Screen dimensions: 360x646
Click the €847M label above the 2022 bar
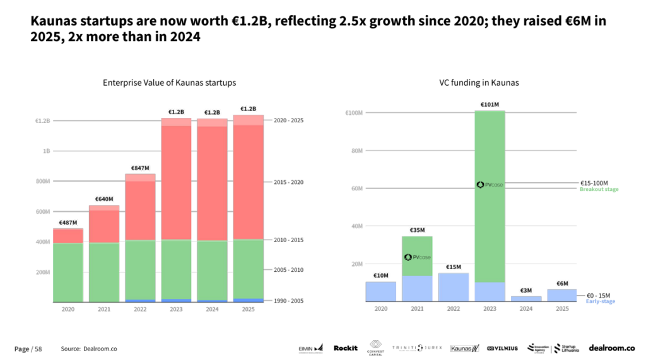pyautogui.click(x=139, y=168)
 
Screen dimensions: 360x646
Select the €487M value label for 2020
pyautogui.click(x=68, y=223)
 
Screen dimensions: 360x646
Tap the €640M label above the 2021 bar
pyautogui.click(x=103, y=199)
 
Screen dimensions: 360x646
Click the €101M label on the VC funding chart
pyautogui.click(x=490, y=105)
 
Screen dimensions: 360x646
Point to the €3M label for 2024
pyautogui.click(x=526, y=291)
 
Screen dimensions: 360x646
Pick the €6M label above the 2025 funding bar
pyautogui.click(x=562, y=284)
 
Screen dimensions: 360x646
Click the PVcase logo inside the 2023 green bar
pyautogui.click(x=490, y=185)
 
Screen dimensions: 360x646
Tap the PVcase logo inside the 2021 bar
pyautogui.click(x=418, y=257)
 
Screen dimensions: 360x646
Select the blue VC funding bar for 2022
pyautogui.click(x=454, y=287)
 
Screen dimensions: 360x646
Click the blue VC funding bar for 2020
pyautogui.click(x=381, y=291)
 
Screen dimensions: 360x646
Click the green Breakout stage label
pyautogui.click(x=599, y=189)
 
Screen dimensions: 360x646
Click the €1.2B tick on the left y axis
pyautogui.click(x=42, y=120)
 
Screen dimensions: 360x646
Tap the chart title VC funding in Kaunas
pyautogui.click(x=471, y=83)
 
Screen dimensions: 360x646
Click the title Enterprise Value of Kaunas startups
pyautogui.click(x=169, y=83)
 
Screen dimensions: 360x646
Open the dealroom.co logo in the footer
pyautogui.click(x=611, y=348)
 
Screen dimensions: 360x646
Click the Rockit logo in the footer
pyautogui.click(x=345, y=348)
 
